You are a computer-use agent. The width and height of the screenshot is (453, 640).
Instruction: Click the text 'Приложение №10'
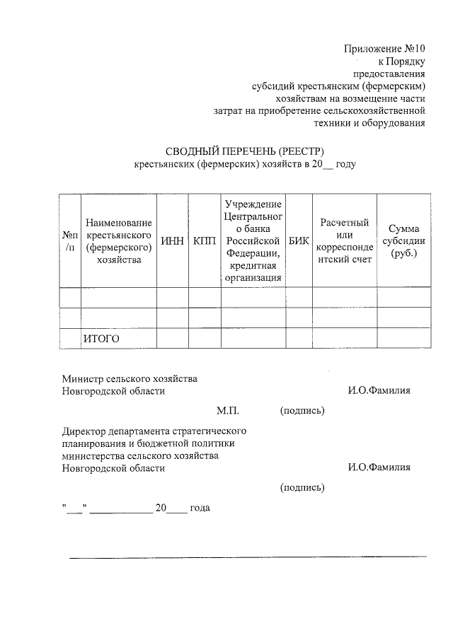(x=384, y=49)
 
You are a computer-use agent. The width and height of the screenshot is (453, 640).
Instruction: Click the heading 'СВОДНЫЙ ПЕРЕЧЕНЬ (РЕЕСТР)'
(x=244, y=151)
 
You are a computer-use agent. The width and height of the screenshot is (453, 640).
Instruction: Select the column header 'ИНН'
(x=173, y=240)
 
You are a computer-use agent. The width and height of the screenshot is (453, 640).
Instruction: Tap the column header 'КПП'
(x=204, y=240)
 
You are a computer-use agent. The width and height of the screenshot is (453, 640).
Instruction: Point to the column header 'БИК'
(x=299, y=240)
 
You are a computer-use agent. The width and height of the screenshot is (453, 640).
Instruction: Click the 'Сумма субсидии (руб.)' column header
(x=404, y=240)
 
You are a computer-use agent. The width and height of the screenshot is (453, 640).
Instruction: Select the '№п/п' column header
(x=70, y=240)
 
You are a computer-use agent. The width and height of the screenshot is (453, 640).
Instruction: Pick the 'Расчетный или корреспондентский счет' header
(x=345, y=240)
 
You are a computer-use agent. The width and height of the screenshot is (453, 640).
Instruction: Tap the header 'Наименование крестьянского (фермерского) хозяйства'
(x=118, y=240)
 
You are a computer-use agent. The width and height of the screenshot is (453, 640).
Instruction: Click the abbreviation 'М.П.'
(x=229, y=409)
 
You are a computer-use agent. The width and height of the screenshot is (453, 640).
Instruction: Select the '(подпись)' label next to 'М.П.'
(x=302, y=409)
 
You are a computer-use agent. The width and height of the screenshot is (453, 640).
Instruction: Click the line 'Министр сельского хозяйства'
(x=130, y=378)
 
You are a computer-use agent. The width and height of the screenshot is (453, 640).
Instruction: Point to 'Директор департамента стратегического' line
(x=154, y=430)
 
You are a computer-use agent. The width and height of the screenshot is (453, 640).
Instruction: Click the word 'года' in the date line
(x=200, y=508)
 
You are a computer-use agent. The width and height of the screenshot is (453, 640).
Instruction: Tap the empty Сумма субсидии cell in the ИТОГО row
(x=404, y=339)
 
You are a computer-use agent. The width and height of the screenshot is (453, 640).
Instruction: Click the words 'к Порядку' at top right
(x=402, y=62)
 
